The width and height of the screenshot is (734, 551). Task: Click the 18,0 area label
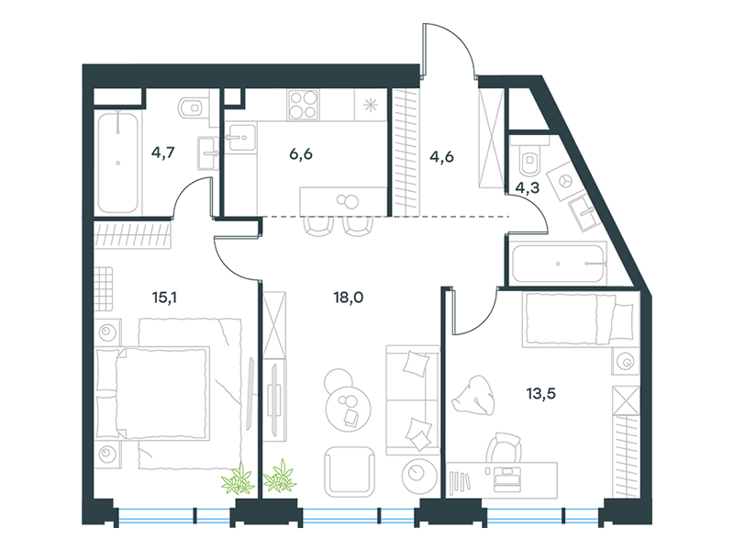[349, 298]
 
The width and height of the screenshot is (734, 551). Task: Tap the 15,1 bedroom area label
[164, 298]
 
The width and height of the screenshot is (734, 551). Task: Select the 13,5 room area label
[540, 394]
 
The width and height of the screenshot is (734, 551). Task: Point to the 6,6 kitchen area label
[301, 154]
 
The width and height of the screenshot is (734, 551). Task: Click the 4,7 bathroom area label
[163, 152]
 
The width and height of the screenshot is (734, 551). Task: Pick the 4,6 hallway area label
[441, 156]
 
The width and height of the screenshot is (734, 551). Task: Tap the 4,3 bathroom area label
[527, 188]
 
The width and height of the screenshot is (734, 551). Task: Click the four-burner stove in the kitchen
[304, 105]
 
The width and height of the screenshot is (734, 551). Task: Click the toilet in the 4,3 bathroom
[530, 158]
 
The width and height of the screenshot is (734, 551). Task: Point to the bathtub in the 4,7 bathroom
[118, 162]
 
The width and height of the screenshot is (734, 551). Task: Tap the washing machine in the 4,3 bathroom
[565, 182]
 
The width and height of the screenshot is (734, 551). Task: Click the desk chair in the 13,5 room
[504, 448]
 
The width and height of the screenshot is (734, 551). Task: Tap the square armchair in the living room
[349, 472]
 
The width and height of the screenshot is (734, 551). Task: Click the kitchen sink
[241, 137]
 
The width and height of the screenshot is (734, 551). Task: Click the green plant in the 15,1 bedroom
[238, 479]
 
